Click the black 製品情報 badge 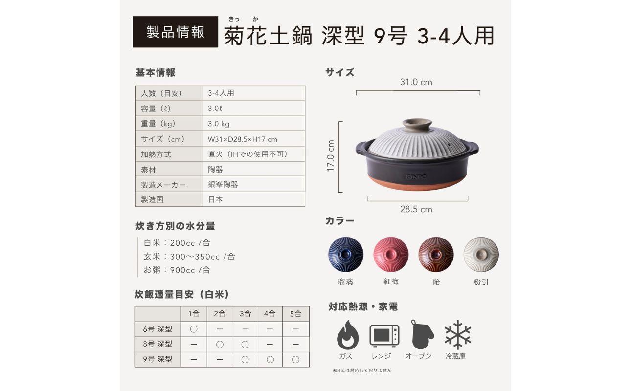tap(175, 32)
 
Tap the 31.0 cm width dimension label tap(416, 82)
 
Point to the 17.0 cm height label tap(331, 156)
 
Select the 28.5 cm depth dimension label tap(416, 209)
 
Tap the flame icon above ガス tap(347, 335)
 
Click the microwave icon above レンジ tap(384, 336)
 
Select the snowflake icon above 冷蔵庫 tap(457, 335)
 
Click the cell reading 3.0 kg tap(219, 124)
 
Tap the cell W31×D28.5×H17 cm tap(243, 139)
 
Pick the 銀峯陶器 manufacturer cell tap(223, 184)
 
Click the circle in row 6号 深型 tap(194, 329)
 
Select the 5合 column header tap(295, 314)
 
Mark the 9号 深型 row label tap(158, 359)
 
